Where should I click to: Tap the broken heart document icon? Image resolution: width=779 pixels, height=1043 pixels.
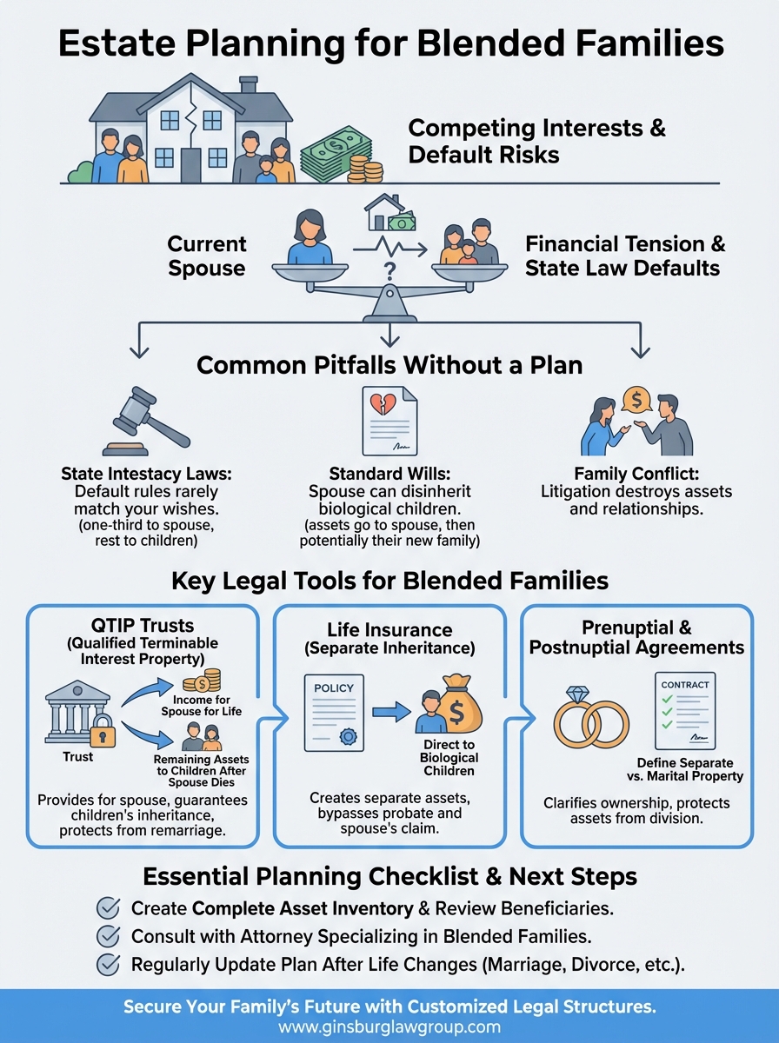pyautogui.click(x=389, y=420)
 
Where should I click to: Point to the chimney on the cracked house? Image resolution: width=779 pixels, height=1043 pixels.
pyautogui.click(x=248, y=85)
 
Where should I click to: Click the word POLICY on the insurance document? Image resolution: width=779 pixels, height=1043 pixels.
pyautogui.click(x=334, y=688)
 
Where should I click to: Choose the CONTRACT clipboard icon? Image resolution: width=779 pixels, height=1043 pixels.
pyautogui.click(x=685, y=711)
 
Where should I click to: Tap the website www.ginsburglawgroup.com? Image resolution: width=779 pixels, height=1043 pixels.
pyautogui.click(x=389, y=1026)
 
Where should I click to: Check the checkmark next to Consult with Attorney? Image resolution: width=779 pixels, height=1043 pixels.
pyautogui.click(x=109, y=936)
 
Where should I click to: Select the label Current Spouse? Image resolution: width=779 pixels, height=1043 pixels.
pyautogui.click(x=207, y=256)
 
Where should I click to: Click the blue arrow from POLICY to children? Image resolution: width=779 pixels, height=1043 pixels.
pyautogui.click(x=390, y=713)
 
